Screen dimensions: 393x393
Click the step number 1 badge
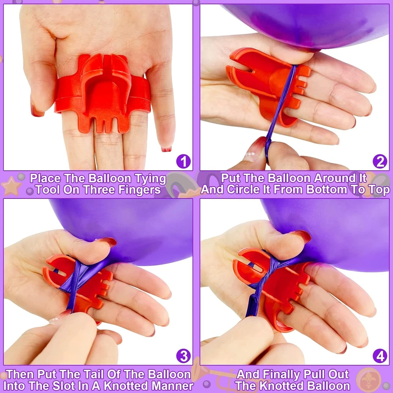[x=184, y=162]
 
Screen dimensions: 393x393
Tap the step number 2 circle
[x=380, y=162]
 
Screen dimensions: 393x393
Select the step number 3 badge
[x=184, y=356]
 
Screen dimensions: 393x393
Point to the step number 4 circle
[x=380, y=356]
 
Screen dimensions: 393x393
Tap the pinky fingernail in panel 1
[x=166, y=149]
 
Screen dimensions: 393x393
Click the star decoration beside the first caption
[x=11, y=186]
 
